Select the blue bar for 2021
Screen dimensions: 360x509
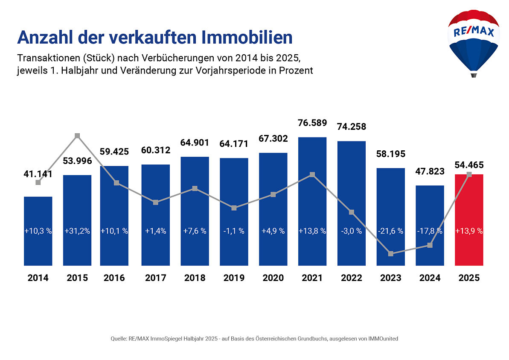(312, 201)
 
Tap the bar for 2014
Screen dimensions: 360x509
(38, 248)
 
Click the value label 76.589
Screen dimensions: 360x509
(312, 123)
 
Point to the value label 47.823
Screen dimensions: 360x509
(430, 171)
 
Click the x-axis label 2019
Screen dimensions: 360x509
(234, 278)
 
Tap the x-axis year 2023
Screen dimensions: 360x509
(391, 278)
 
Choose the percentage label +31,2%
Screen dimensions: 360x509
(77, 231)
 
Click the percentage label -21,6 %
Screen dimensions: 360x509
(391, 231)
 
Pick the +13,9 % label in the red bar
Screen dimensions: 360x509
(469, 231)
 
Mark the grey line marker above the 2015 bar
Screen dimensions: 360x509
(77, 136)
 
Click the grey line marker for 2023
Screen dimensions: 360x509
(391, 254)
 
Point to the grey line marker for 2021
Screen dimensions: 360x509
(312, 175)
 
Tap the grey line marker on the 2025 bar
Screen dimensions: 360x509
(469, 174)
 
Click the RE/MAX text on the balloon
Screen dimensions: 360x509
(473, 32)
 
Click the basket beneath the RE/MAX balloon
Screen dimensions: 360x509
(473, 75)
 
